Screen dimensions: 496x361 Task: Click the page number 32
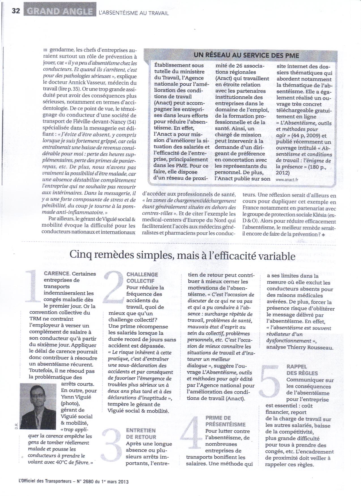[x=16, y=11]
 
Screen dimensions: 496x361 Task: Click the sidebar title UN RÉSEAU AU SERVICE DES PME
[x=242, y=55]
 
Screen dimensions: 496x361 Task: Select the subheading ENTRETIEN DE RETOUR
[x=141, y=434]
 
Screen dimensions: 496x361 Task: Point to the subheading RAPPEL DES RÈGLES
[x=298, y=370]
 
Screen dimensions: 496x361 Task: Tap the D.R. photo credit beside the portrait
[x=17, y=424]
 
